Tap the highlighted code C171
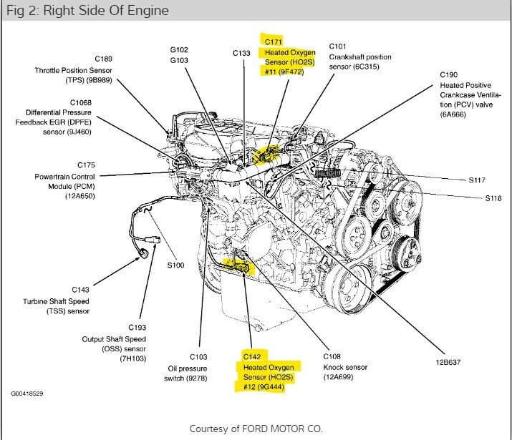(x=275, y=42)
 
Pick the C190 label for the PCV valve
(x=448, y=74)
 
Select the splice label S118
(x=478, y=198)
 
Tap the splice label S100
(x=176, y=265)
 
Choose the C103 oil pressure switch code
(x=198, y=356)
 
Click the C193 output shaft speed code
(x=137, y=327)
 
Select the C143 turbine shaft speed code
(x=81, y=290)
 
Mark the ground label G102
(x=179, y=50)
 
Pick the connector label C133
(x=242, y=53)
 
